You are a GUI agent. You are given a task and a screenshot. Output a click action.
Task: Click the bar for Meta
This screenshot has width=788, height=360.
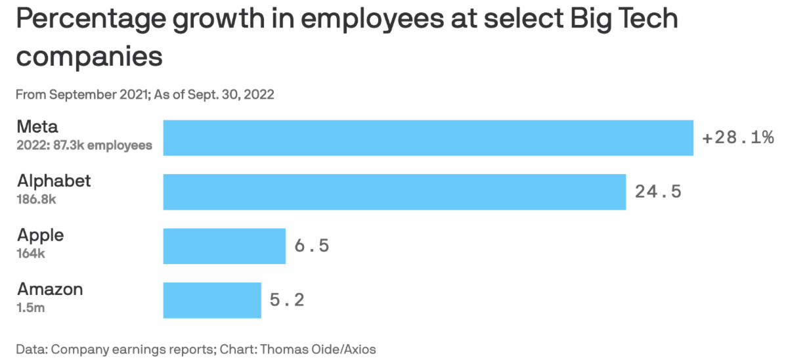(x=428, y=138)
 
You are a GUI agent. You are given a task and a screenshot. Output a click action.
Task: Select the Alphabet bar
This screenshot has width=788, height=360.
(x=394, y=192)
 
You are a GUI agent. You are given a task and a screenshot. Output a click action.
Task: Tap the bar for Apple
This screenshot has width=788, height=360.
(x=224, y=246)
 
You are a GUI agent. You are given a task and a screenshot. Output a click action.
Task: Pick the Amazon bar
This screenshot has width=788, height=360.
(x=211, y=300)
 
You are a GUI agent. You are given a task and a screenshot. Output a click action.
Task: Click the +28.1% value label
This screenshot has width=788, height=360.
(x=738, y=138)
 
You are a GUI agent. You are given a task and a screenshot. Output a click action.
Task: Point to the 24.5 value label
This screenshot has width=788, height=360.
(x=658, y=192)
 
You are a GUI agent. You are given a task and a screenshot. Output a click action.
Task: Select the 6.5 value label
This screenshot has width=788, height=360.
(x=311, y=246)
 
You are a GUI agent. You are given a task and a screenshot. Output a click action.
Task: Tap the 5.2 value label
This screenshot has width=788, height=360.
(x=287, y=300)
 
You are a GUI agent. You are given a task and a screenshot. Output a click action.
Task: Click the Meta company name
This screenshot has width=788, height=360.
(x=37, y=127)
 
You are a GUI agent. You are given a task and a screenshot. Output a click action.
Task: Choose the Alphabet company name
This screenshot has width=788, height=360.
(x=54, y=181)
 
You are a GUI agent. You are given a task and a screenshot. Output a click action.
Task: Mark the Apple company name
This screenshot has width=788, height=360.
(x=41, y=235)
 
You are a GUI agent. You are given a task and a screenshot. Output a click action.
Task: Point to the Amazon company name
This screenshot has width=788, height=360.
(x=50, y=289)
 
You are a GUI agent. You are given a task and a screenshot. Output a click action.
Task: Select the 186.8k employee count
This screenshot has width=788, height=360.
(x=37, y=199)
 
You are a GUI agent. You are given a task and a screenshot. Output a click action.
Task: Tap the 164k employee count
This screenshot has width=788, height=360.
(x=31, y=253)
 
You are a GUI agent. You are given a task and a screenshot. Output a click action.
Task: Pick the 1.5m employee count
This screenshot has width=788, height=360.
(x=31, y=307)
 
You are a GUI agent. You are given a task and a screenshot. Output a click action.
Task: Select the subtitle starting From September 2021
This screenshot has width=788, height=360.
(x=144, y=95)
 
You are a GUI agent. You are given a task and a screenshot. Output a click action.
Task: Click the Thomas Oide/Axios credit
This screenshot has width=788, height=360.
(x=318, y=349)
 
